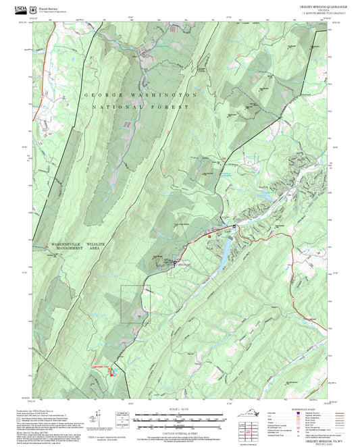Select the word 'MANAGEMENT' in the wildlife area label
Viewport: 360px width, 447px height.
click(x=64, y=248)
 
